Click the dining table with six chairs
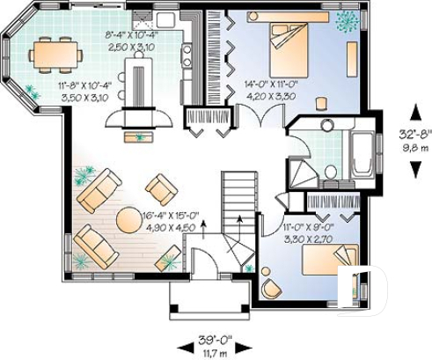click(x=57, y=54)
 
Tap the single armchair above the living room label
click(x=161, y=187)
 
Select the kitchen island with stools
click(x=140, y=84)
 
